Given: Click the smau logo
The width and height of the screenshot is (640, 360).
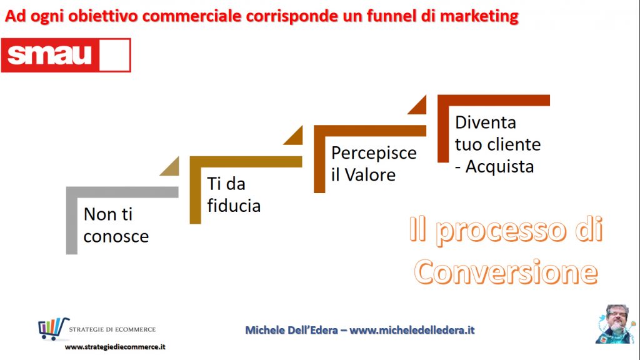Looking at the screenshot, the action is [66, 55].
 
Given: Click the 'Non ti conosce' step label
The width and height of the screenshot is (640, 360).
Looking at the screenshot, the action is [116, 225].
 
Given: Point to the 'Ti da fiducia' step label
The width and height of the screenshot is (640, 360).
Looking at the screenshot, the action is [234, 195].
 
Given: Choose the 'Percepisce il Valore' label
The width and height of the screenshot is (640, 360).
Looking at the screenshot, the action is [374, 164].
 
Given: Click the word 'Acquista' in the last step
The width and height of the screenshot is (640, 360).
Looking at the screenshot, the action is [499, 166].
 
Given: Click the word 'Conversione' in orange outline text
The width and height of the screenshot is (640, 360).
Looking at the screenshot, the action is [506, 272].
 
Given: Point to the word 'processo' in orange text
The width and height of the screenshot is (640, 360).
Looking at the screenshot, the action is [502, 231].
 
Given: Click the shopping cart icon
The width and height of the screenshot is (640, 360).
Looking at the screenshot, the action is [53, 329].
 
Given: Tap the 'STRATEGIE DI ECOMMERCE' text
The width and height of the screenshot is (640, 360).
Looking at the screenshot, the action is [112, 329].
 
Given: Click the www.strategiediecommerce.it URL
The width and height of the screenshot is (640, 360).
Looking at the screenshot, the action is [115, 347].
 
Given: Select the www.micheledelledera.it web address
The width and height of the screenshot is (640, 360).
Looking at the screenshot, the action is [412, 330].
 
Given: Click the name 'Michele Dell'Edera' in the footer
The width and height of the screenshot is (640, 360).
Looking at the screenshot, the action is [291, 330].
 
